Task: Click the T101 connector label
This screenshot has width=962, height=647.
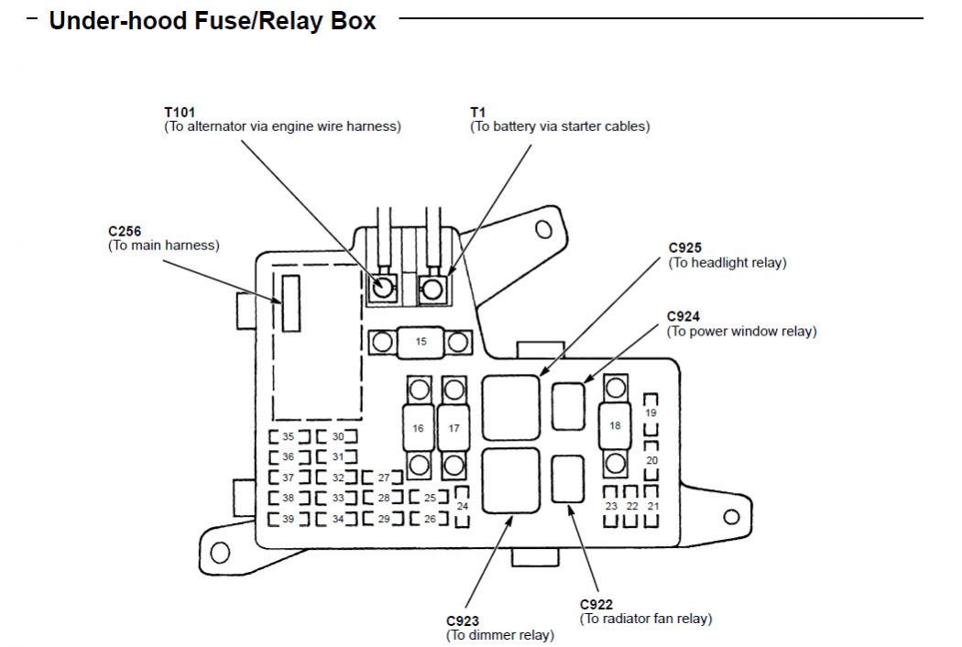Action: click(x=180, y=113)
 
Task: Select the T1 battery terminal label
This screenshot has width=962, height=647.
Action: click(x=477, y=113)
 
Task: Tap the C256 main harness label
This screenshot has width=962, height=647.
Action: click(x=125, y=233)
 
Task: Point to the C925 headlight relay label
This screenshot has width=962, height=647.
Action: click(x=685, y=248)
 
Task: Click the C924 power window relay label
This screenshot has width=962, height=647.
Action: click(x=683, y=317)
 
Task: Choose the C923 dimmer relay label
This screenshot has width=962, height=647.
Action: click(x=464, y=620)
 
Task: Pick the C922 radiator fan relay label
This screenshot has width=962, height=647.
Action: click(x=596, y=605)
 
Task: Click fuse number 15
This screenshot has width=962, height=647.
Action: click(x=421, y=342)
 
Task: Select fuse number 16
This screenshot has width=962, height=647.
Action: click(x=418, y=428)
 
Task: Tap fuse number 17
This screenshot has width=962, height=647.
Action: click(x=454, y=428)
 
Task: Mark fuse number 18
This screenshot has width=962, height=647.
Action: click(x=615, y=426)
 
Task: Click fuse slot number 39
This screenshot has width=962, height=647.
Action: click(x=288, y=520)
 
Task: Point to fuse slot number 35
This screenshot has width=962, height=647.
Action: click(x=288, y=437)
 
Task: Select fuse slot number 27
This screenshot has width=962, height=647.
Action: click(x=384, y=477)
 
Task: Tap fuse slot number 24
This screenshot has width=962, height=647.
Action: click(x=462, y=506)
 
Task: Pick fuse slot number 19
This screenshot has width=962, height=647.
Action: click(x=651, y=413)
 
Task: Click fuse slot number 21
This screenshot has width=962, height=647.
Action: click(x=652, y=506)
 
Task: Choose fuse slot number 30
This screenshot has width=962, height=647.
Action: click(x=337, y=437)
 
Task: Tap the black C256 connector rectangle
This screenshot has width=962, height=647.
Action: click(x=290, y=302)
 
